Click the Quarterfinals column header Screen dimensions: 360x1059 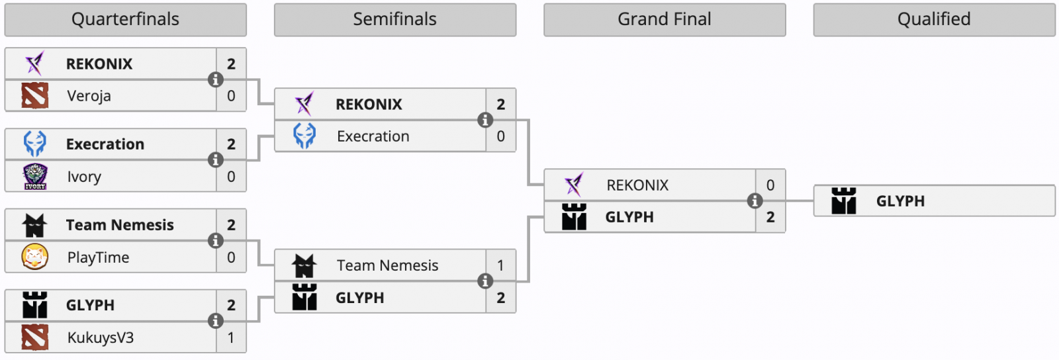pos(125,19)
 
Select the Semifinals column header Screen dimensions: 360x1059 pos(394,19)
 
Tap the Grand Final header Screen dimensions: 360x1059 pos(664,19)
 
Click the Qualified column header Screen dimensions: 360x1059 pos(933,19)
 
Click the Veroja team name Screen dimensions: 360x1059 pos(89,96)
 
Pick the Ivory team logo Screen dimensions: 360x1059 pos(35,177)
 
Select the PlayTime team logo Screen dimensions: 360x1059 pos(35,257)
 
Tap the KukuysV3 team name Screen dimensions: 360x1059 pos(101,337)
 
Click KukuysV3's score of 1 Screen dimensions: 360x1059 pos(231,337)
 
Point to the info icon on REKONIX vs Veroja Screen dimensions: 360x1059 pos(216,79)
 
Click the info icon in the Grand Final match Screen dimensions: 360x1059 pos(755,201)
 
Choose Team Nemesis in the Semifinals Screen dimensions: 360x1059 pos(387,265)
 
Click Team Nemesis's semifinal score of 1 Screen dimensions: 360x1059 pos(500,265)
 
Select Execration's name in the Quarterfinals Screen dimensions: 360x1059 pos(105,144)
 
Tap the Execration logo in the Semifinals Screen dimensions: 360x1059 pos(304,136)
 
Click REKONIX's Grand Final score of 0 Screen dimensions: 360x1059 pos(770,185)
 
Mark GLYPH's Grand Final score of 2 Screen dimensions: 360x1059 pos(770,217)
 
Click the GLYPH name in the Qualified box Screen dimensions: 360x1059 pos(900,201)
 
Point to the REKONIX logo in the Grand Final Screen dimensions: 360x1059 pos(574,185)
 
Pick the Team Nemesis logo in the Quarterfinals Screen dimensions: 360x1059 pos(34,225)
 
